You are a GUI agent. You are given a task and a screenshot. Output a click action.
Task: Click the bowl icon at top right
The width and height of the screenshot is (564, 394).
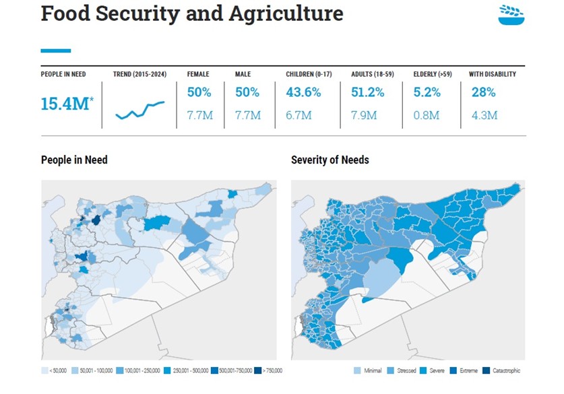coord(511,15)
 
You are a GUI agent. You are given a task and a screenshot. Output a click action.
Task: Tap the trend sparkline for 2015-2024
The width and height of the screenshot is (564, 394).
coord(139,110)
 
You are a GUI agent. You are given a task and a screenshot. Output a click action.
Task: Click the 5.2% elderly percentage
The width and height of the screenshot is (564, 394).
coord(427,92)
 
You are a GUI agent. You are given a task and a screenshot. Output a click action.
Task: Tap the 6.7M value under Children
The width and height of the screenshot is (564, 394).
coord(299,115)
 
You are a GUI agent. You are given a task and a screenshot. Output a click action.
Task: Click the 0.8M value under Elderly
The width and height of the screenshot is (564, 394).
coord(426,115)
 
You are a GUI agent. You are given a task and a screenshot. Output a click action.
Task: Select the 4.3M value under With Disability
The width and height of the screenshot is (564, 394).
coord(483,115)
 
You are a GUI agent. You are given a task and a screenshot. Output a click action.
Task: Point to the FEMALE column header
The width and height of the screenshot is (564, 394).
coord(197,74)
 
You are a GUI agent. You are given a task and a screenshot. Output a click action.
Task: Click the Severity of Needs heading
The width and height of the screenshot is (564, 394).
coord(330,160)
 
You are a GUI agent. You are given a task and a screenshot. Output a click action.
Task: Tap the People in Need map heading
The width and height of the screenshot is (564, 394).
coord(74,160)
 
